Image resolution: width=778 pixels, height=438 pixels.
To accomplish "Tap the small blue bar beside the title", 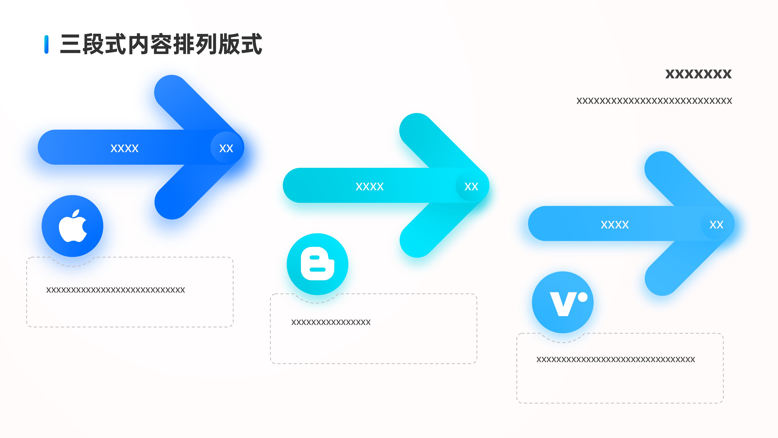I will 46,44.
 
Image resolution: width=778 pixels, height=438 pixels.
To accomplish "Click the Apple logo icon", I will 73,226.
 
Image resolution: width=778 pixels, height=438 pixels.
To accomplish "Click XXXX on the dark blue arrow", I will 124,148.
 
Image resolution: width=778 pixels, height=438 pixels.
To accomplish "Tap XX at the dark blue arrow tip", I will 226,148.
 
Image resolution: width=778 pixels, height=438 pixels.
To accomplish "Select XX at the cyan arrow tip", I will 471,186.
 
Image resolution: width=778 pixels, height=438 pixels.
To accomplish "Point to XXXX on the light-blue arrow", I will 615,225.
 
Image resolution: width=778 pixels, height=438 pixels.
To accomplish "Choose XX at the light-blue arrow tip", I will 716,225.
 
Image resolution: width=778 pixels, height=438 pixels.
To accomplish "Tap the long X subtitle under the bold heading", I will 654,101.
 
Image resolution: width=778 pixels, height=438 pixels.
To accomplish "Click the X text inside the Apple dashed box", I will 115,290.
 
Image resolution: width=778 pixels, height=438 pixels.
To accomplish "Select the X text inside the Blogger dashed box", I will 331,322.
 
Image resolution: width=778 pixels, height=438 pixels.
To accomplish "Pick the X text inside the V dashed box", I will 616,359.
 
